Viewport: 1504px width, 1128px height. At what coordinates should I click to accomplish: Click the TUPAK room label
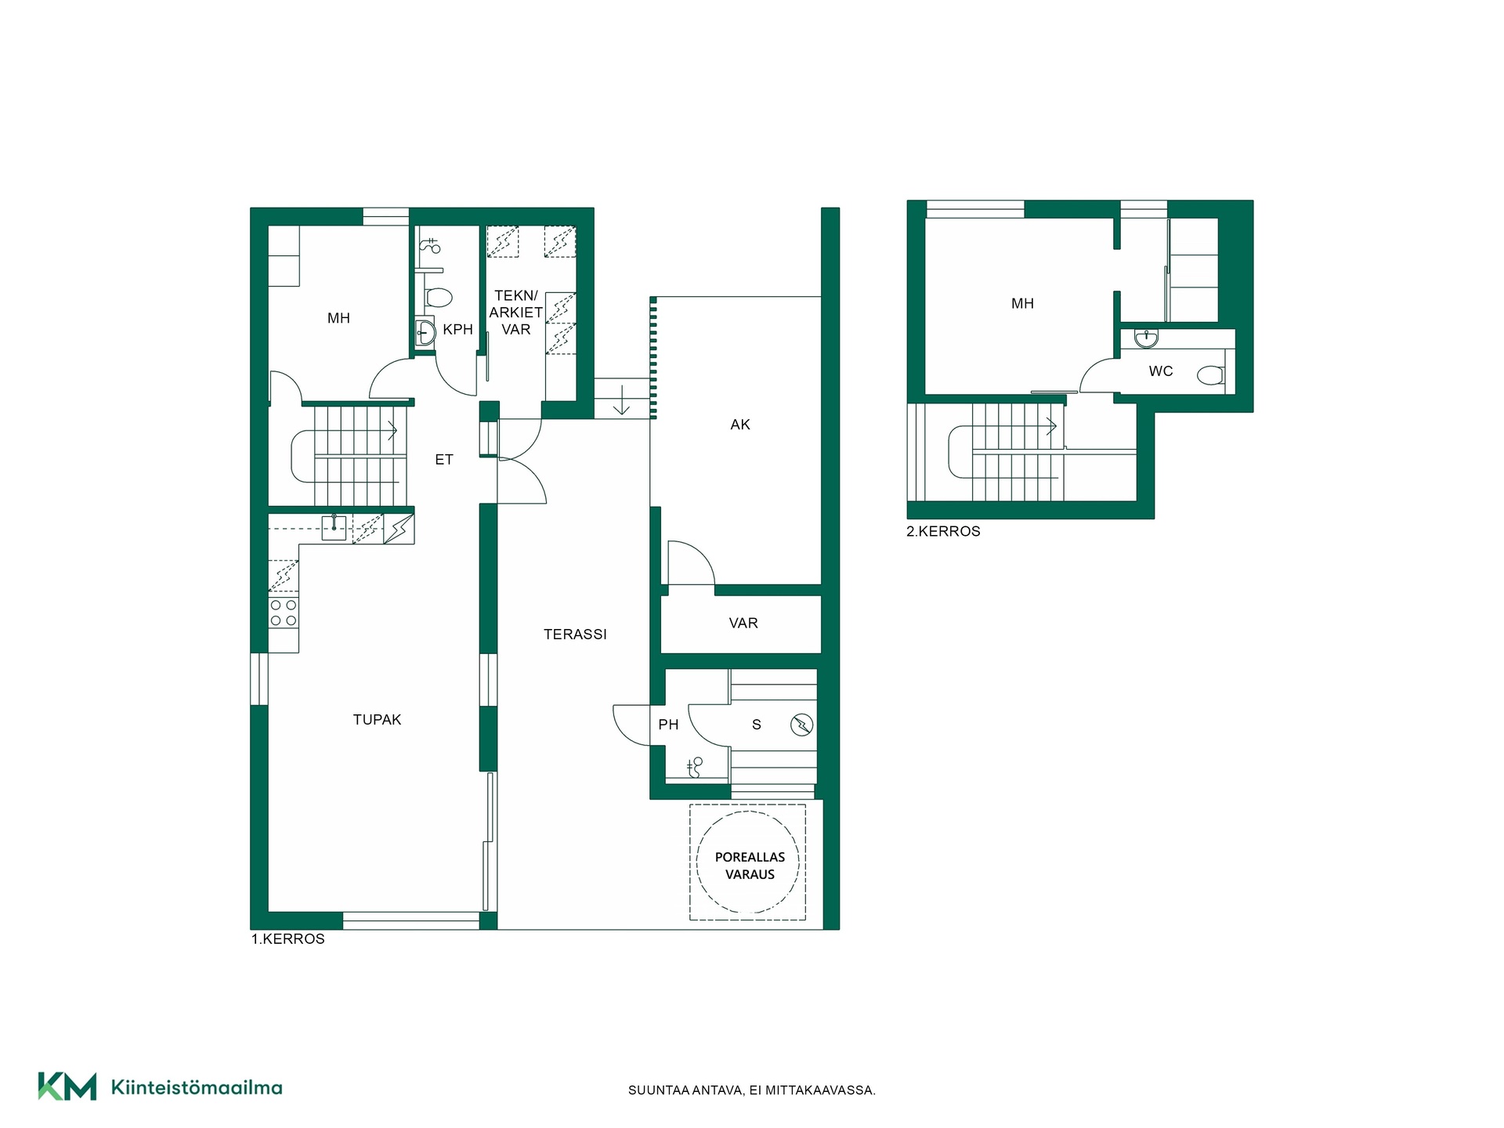click(x=377, y=719)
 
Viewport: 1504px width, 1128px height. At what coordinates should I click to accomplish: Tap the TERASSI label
click(x=575, y=634)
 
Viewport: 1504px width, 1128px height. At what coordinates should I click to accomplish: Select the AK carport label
click(x=740, y=425)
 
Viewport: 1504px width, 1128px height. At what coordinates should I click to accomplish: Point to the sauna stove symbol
click(x=801, y=725)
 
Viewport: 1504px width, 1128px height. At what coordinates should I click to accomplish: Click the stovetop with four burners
click(x=284, y=613)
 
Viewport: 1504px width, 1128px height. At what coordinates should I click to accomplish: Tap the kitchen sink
click(x=334, y=528)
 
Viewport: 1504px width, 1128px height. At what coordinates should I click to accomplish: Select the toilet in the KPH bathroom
click(x=439, y=298)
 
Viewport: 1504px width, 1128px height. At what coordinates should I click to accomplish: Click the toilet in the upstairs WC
click(x=1211, y=376)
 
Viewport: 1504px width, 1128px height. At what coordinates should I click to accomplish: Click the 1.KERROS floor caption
click(x=287, y=938)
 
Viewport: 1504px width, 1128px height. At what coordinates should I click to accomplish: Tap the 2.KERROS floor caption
click(x=943, y=531)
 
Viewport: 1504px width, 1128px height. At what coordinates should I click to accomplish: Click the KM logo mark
click(x=67, y=1086)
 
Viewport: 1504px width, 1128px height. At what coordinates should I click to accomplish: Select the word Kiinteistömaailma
click(x=197, y=1087)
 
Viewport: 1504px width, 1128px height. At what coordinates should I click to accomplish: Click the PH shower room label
click(x=668, y=725)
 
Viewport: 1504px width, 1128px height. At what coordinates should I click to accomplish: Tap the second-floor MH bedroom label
click(x=1022, y=304)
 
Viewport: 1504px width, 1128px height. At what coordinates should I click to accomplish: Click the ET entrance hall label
click(x=444, y=460)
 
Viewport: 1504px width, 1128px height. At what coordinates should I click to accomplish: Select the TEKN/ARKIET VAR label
click(x=516, y=313)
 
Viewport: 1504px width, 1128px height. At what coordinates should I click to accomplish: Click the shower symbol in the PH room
click(x=694, y=768)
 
